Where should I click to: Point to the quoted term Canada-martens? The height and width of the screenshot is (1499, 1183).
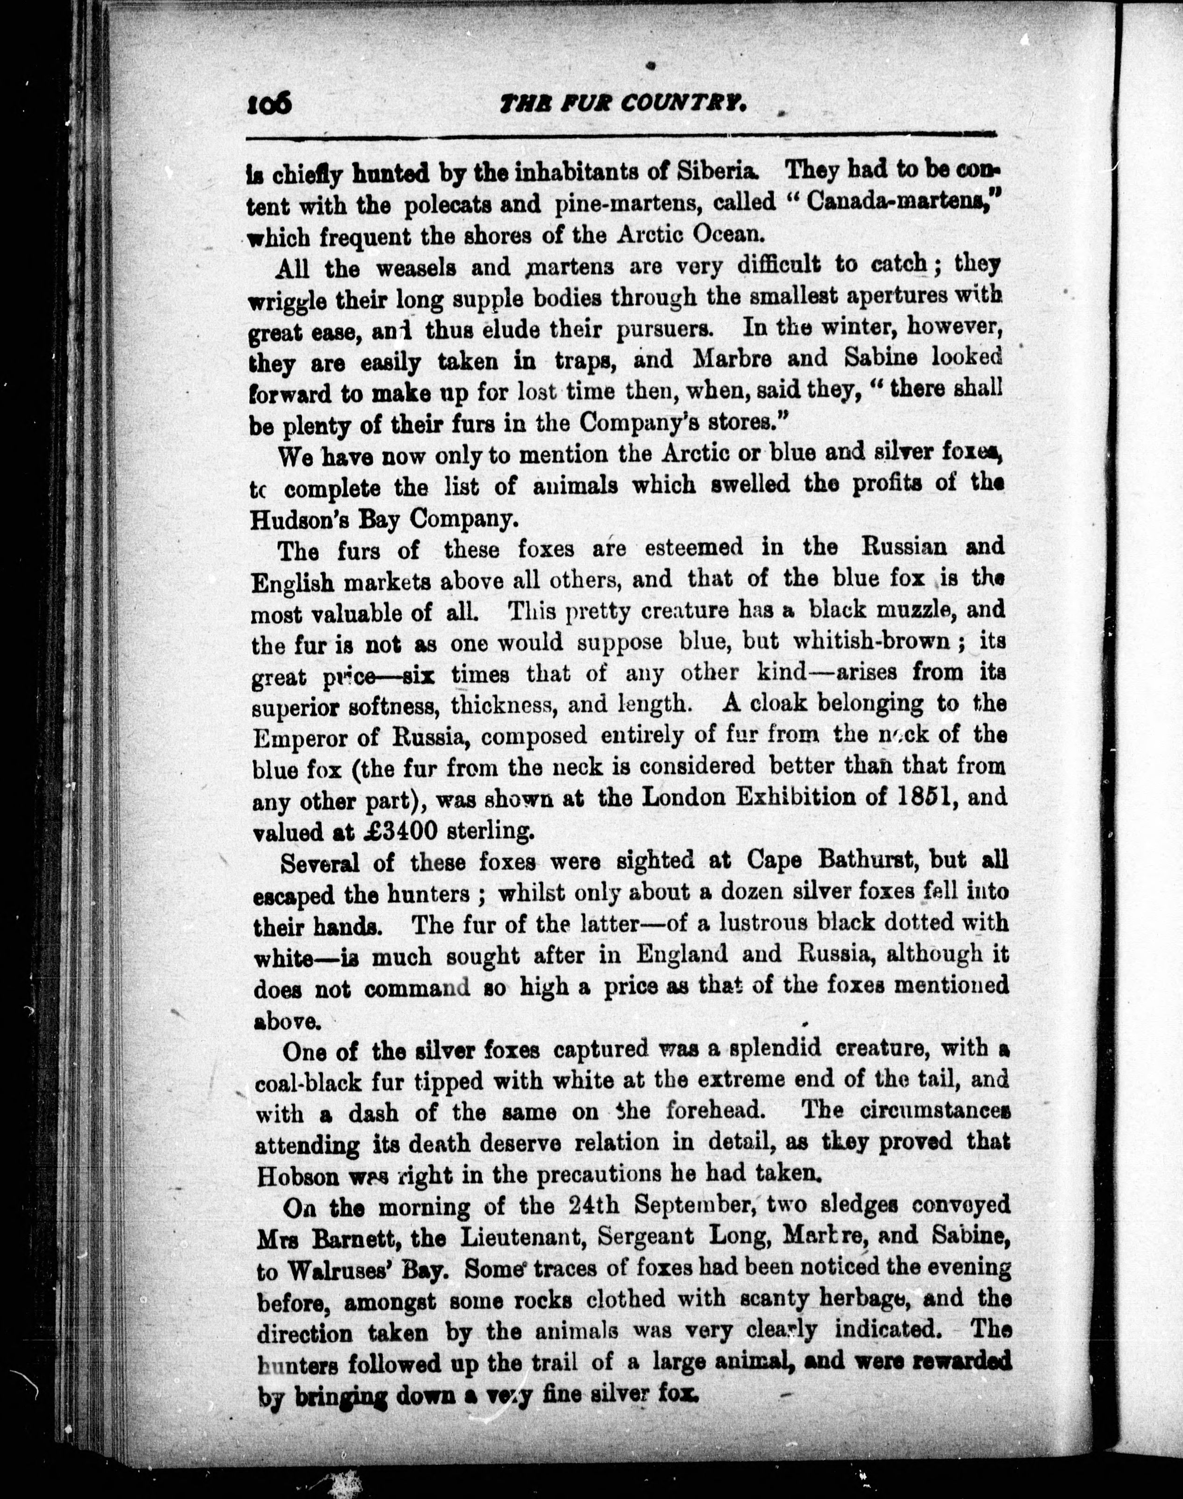(889, 204)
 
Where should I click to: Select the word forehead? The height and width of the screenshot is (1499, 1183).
(715, 1113)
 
